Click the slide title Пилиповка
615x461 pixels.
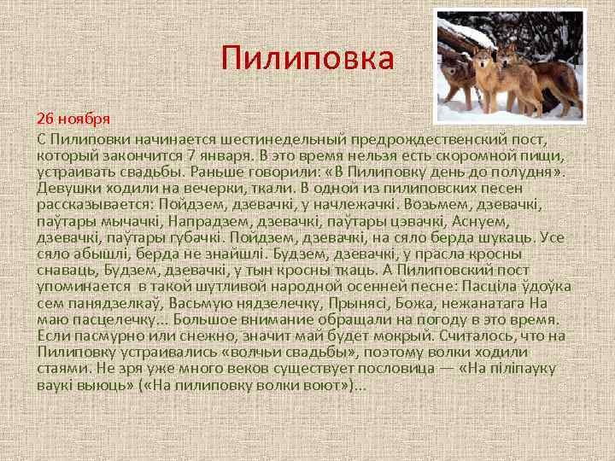pos(307,59)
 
